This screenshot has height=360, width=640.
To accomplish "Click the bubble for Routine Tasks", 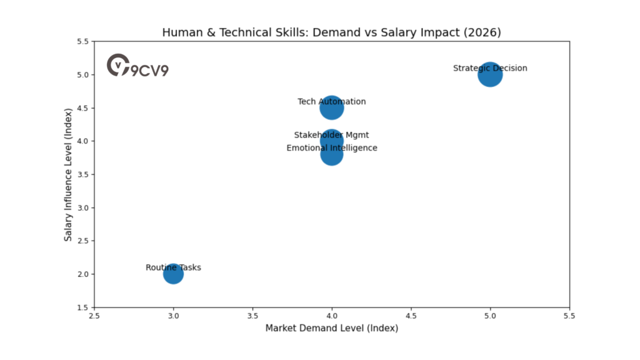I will (x=173, y=274).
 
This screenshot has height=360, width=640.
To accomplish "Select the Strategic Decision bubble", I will (x=490, y=76).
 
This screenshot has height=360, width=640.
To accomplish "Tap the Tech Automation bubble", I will (x=332, y=108).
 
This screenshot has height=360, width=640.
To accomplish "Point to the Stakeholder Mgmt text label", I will (x=332, y=135).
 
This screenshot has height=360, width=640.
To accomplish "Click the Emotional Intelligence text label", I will (x=332, y=148).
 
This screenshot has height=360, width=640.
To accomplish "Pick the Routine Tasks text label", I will (x=173, y=267).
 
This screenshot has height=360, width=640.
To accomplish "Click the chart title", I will (x=332, y=32).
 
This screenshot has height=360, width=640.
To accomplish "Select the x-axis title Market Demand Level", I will (x=332, y=328).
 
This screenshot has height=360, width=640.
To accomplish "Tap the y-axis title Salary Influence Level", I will (x=69, y=174).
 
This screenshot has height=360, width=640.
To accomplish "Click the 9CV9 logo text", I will (x=149, y=70).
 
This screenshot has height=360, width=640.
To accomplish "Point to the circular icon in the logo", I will (x=117, y=64).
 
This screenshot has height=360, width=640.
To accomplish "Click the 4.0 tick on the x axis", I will (x=332, y=316).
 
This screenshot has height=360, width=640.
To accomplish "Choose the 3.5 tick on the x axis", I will (x=252, y=316).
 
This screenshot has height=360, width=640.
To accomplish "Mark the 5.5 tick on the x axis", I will (x=569, y=316).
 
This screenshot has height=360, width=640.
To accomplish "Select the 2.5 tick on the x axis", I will (x=94, y=316).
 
